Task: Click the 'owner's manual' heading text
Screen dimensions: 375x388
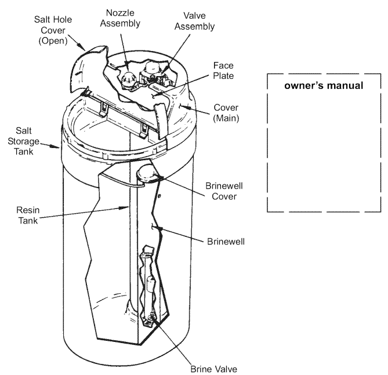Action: coord(324,86)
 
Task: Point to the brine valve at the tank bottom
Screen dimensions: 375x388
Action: coord(152,316)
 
